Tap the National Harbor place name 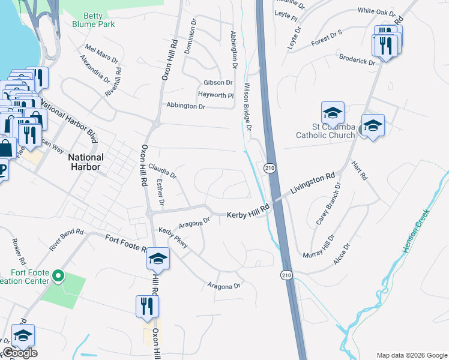pyautogui.click(x=86, y=161)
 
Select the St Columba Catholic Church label pyautogui.click(x=325, y=131)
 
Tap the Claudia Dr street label pyautogui.click(x=162, y=172)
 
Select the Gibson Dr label pyautogui.click(x=218, y=82)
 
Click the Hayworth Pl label pyautogui.click(x=216, y=95)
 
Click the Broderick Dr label pyautogui.click(x=357, y=62)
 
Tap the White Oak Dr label pyautogui.click(x=376, y=11)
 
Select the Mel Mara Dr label pyautogui.click(x=102, y=52)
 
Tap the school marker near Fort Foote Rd pyautogui.click(x=158, y=258)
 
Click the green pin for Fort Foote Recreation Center pyautogui.click(x=58, y=276)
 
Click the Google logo pyautogui.click(x=19, y=353)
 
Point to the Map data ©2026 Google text pyautogui.click(x=411, y=355)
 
